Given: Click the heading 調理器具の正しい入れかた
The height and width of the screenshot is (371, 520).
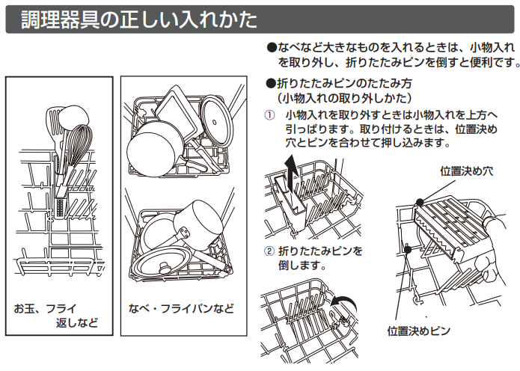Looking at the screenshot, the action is pos(139,19).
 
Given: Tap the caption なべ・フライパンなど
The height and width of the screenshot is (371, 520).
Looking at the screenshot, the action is pos(181,309).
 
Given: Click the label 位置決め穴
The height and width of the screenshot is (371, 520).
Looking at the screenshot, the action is pos(466,171).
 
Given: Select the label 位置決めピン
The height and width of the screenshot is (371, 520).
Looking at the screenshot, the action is pos(419,331).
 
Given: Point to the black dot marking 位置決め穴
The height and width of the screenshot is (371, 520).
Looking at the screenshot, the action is pos(420,202).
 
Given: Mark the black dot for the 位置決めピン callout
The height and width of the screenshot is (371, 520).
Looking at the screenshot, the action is pos(408,249).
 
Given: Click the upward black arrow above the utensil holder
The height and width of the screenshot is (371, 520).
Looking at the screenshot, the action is pos(291,172).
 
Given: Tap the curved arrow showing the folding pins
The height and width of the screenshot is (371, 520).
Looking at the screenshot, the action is pos(344,302).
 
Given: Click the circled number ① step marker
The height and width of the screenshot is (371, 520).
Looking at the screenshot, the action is pos(269,115).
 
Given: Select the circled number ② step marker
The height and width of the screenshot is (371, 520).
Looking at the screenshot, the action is pos(269,251).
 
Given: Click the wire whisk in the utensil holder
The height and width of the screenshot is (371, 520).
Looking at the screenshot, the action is pos(78,149).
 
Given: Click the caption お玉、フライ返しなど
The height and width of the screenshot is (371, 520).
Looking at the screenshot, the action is pos(55,316).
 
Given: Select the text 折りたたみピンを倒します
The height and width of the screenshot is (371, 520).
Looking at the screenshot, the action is pos(320,258).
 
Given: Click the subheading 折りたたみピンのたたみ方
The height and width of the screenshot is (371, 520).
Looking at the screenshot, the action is pos(344,83).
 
